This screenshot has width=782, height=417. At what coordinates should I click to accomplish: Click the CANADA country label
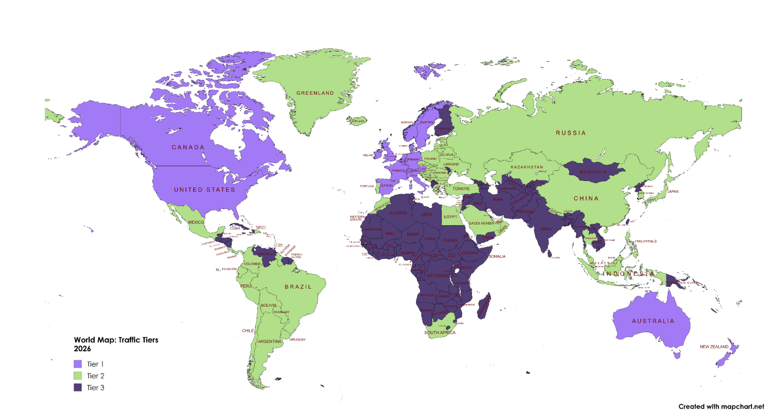pos(188,147)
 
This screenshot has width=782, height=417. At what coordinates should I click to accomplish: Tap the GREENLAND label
pos(315,93)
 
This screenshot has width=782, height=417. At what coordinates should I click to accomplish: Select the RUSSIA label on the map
pos(571,133)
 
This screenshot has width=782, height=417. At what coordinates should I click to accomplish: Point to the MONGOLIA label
pos(593,172)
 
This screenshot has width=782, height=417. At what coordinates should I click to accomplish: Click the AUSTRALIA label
pos(653,321)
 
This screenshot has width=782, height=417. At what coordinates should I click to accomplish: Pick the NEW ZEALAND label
pos(714,347)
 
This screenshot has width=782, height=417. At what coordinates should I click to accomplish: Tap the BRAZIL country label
pos(298,287)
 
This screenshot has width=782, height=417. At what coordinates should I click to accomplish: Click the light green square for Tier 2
pos(78,376)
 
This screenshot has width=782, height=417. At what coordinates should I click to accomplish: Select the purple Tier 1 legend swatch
pos(78,364)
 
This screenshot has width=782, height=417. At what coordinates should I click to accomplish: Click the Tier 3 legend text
pos(95,388)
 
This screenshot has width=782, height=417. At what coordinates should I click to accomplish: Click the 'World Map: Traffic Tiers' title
pos(116,340)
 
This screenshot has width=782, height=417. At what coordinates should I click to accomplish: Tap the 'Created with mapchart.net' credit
pos(721,406)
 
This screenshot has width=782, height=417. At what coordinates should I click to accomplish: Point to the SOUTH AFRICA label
pos(440,333)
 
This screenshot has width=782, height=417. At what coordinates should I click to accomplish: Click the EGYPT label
pos(450,217)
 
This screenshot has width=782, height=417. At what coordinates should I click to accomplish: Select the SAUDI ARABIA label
pos(481,223)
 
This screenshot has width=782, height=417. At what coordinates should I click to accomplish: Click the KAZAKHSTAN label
pos(527,167)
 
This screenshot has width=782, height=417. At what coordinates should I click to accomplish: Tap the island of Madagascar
pos(484,307)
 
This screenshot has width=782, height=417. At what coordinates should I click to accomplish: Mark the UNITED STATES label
pos(204,190)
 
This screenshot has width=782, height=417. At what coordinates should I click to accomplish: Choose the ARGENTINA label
pos(270,342)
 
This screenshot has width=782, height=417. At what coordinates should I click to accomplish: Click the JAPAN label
pos(673,192)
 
